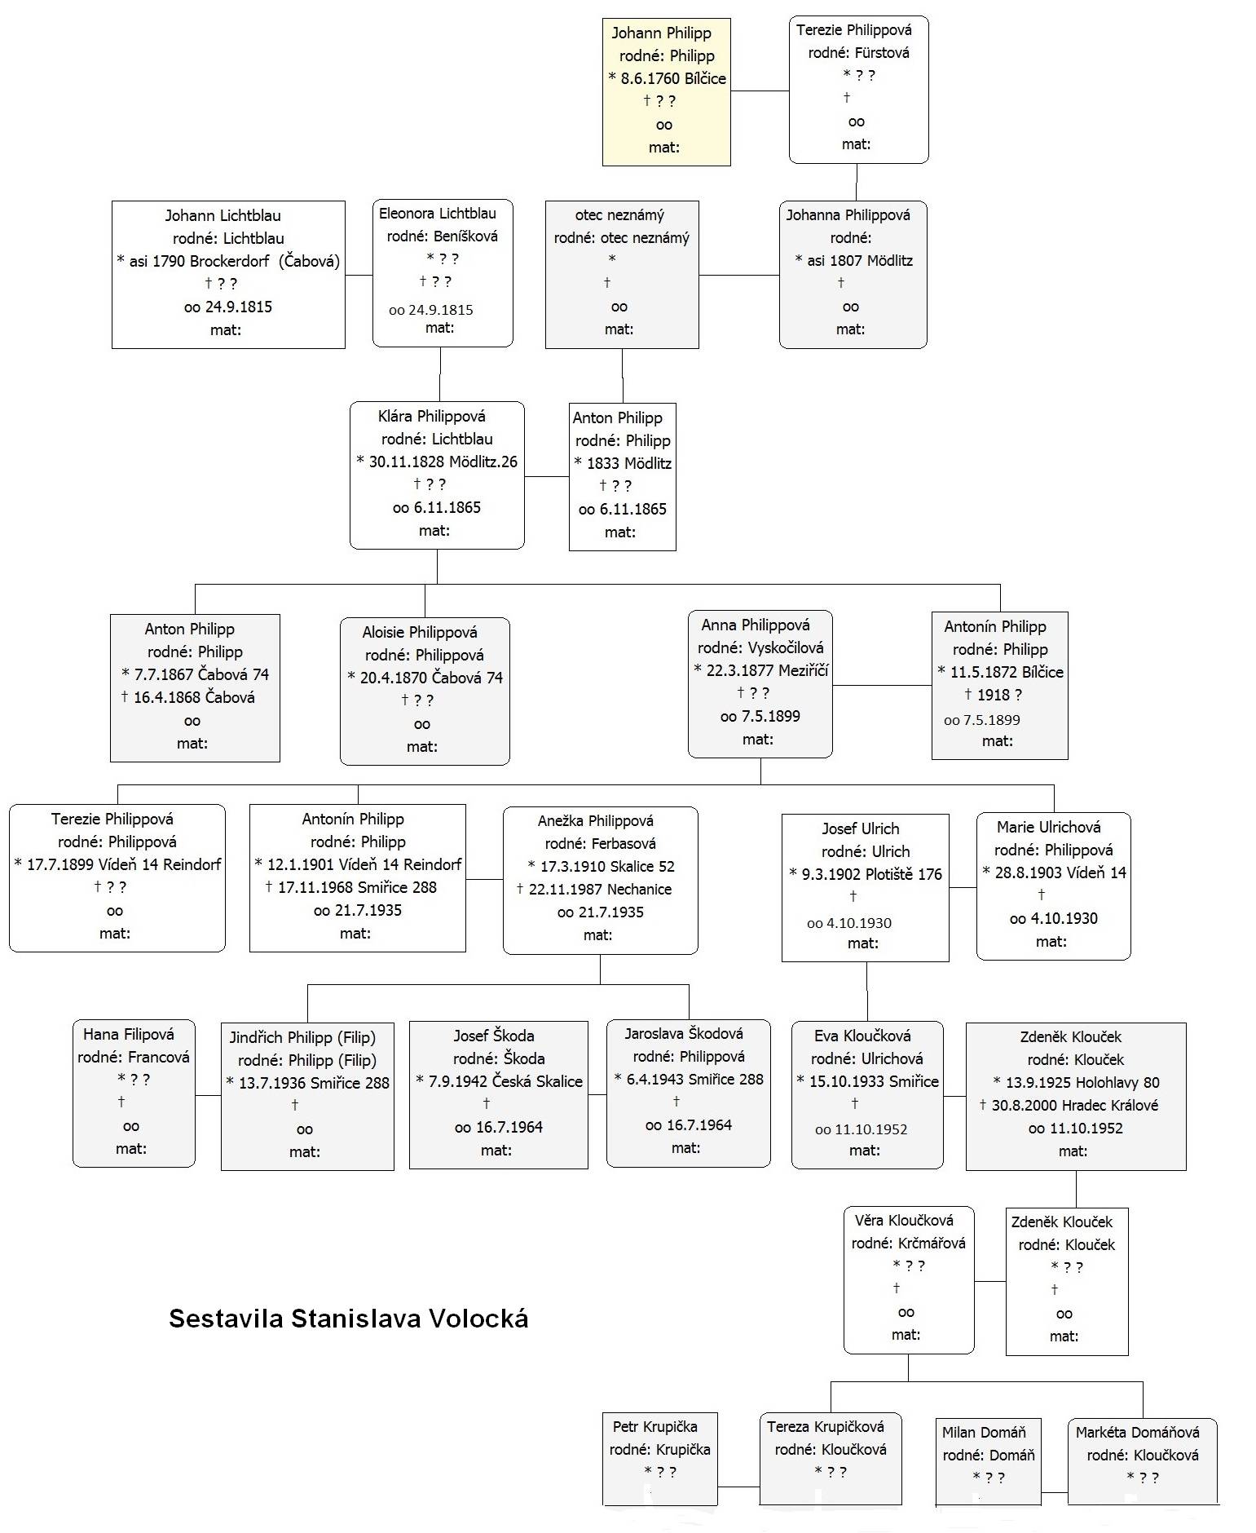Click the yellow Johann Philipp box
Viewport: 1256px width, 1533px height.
click(x=666, y=92)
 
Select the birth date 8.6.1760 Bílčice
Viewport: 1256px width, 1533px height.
click(x=673, y=79)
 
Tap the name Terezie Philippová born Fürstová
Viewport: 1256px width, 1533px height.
click(x=853, y=30)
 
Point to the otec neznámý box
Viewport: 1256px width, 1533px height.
click(x=622, y=275)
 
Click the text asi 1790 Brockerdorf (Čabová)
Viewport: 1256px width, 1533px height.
click(x=234, y=262)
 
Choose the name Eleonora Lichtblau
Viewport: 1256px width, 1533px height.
click(x=438, y=214)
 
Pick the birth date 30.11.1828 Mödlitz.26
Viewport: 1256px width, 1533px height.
click(x=443, y=462)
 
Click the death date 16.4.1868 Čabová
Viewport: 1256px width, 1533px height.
click(x=194, y=698)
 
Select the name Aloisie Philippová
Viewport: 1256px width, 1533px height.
click(x=420, y=633)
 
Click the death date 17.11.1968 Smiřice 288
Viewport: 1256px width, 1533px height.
click(x=357, y=888)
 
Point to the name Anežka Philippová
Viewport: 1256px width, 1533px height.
click(x=596, y=821)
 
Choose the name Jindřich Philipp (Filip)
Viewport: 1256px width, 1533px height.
click(x=302, y=1038)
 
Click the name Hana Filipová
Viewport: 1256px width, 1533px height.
click(x=129, y=1035)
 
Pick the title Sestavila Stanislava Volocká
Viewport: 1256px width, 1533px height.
click(x=349, y=1319)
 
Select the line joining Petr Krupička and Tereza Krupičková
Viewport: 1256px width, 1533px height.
click(x=738, y=1487)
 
